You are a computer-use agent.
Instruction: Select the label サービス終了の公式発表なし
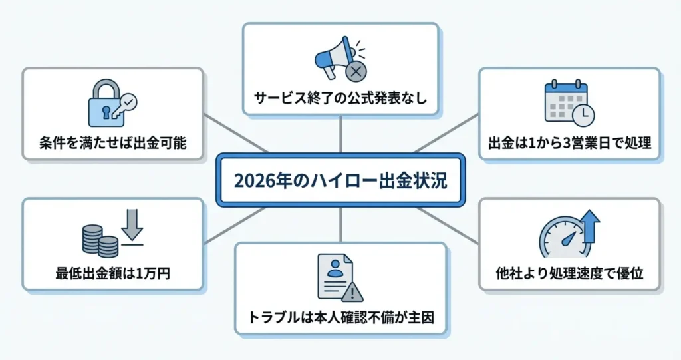(x=340, y=99)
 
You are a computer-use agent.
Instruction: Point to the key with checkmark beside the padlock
(x=126, y=104)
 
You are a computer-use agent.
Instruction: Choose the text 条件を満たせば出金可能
(x=112, y=142)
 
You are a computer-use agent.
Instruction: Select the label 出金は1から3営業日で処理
(x=569, y=142)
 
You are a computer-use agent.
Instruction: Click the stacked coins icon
(x=100, y=241)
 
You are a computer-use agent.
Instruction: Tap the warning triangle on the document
(x=352, y=291)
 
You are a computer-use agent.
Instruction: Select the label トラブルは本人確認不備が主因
(x=340, y=317)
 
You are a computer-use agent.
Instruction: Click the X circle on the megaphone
(x=356, y=69)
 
